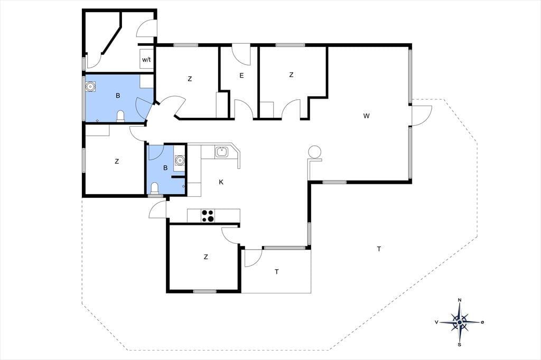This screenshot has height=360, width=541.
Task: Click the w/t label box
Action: pos(146,59)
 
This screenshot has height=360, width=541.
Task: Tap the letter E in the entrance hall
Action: pos(241,75)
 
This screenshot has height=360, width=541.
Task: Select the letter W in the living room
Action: pos(367,116)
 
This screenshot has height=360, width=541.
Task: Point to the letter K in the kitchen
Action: pos(221,182)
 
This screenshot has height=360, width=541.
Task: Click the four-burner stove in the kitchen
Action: pos(208,216)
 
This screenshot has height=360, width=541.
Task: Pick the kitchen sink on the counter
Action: pos(221,151)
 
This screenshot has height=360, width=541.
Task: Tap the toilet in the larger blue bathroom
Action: pos(120,116)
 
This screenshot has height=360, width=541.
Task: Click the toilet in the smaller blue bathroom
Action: pos(154,188)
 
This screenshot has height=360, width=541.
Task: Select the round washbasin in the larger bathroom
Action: pos(90,87)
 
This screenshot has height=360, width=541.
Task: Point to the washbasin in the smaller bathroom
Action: pos(180,160)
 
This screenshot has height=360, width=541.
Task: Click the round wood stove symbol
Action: pos(314,152)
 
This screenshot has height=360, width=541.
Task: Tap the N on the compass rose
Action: pos(460,300)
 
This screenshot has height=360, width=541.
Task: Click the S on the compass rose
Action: pos(460,344)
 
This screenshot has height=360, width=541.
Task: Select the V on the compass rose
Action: pos(436,322)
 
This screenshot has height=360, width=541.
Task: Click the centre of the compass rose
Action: pos(460,322)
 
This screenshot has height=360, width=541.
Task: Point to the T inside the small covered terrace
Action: pos(277,272)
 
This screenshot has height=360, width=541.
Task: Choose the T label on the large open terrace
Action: pos(379,249)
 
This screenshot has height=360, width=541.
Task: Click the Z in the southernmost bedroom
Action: pos(206,257)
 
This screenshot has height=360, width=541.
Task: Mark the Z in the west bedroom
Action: pos(117,161)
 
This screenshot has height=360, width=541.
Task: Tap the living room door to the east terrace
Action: pos(422,116)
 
